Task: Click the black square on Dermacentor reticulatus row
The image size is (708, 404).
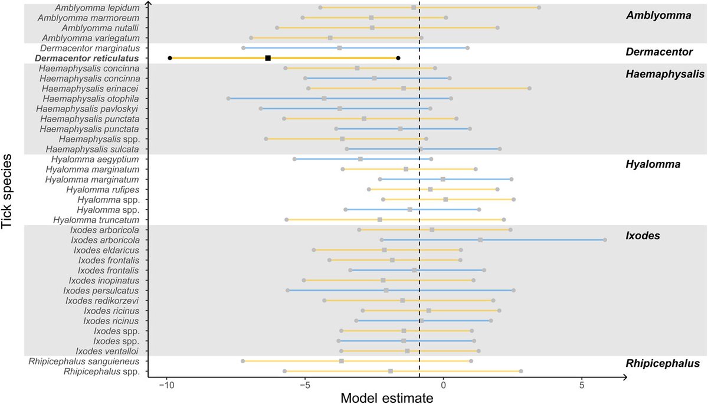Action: pos(268,58)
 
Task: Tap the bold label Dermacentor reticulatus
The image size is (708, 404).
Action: pos(87,58)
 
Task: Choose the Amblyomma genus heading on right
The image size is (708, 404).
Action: pos(658,16)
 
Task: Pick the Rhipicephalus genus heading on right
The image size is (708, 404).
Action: pos(663,363)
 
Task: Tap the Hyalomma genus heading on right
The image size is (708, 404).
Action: pos(653,164)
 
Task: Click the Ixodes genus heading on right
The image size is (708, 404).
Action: pos(643,236)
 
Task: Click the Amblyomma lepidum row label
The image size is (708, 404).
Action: pos(97,8)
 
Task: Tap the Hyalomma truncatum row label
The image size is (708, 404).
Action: pos(96,220)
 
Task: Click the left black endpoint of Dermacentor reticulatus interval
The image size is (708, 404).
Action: pos(170,58)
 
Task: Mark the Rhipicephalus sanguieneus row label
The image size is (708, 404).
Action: pos(84,361)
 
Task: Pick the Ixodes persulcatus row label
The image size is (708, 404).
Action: pos(101,290)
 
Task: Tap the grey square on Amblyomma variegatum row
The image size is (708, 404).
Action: pos(330,38)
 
